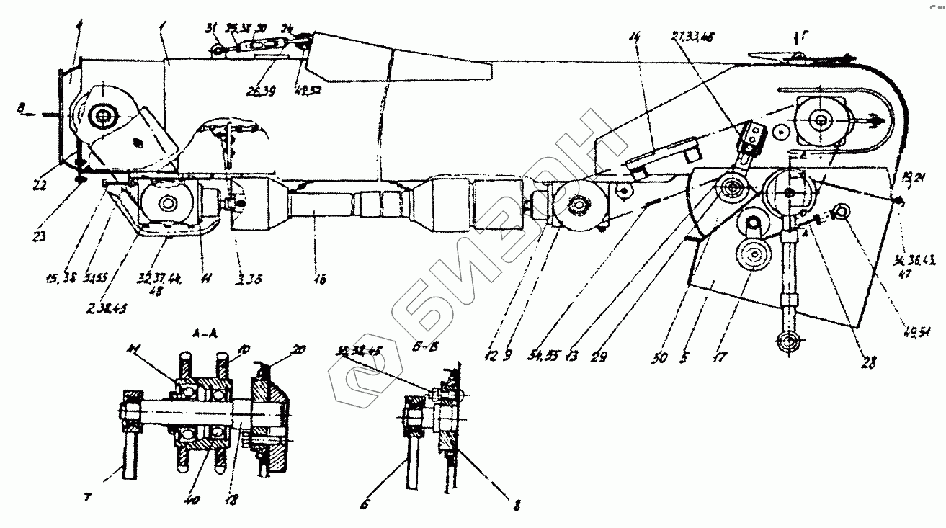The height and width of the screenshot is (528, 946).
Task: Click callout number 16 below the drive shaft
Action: pyautogui.click(x=320, y=279)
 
